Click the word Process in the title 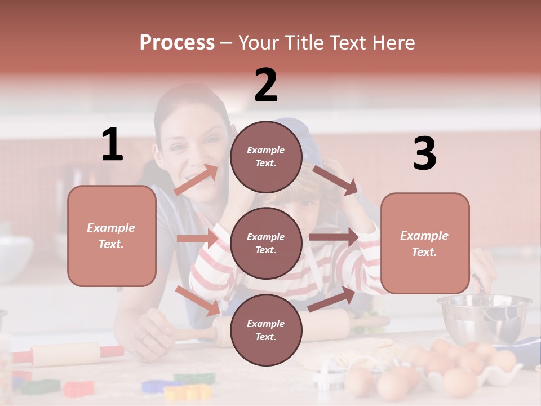tap(177, 42)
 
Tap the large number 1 tap(112, 145)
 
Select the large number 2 tap(266, 85)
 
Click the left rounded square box tap(112, 236)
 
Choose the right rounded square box tap(425, 243)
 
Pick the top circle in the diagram tap(266, 157)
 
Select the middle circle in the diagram tap(266, 243)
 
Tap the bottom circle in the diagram tap(266, 330)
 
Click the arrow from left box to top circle tap(196, 180)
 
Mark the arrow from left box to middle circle tap(197, 239)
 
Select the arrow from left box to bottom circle tap(197, 300)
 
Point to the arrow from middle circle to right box tap(334, 237)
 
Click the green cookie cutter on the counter tap(41, 387)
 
